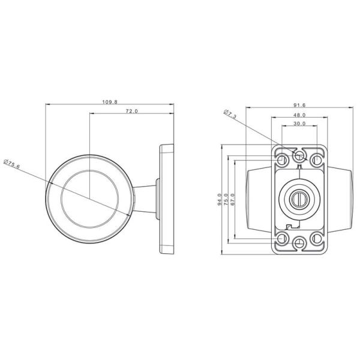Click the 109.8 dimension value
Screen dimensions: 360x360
[110, 102]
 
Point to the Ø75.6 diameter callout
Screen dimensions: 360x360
[12, 164]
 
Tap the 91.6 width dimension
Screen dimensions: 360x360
[300, 105]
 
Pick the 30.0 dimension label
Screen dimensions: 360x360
[300, 124]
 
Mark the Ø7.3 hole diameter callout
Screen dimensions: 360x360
[231, 113]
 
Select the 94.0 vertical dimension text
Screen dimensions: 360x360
[220, 199]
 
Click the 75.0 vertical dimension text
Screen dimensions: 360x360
[226, 199]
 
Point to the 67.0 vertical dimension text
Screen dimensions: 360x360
[233, 199]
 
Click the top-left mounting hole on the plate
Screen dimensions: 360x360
[283, 160]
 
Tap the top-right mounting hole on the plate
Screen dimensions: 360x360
[317, 160]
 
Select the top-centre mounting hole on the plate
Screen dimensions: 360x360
[300, 156]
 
